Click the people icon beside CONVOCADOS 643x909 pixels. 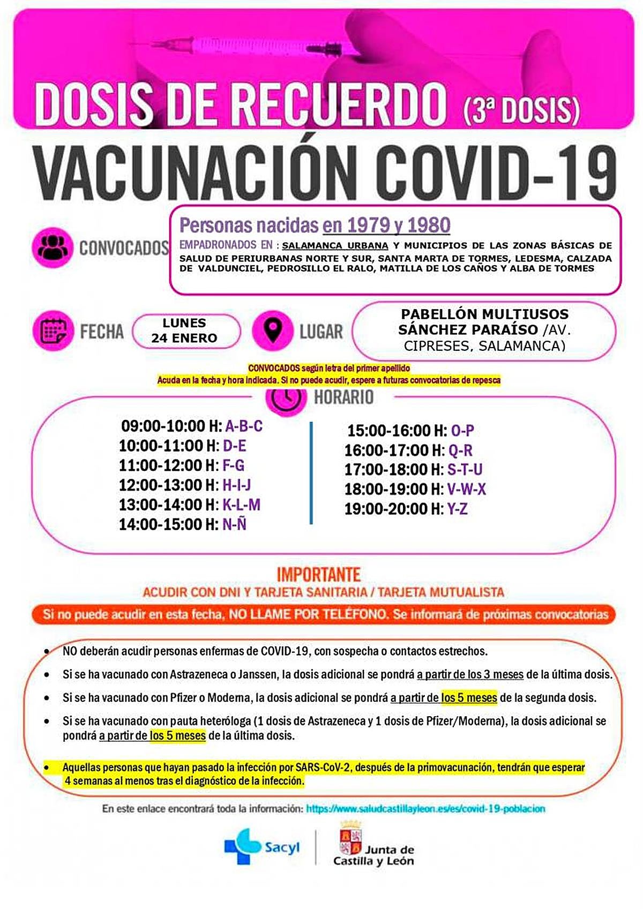[52, 247]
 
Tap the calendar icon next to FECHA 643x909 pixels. [53, 330]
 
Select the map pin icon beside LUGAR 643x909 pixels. [273, 330]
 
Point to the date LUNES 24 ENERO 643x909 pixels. [184, 330]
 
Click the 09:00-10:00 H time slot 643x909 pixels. [171, 426]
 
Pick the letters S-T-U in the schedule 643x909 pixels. [465, 470]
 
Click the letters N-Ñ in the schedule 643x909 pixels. [234, 524]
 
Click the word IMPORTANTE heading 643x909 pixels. [318, 575]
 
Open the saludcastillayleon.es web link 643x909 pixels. [425, 809]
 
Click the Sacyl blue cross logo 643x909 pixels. [242, 846]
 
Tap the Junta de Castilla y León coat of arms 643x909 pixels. [350, 843]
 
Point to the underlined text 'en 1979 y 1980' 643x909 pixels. [386, 226]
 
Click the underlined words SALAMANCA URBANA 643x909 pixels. [335, 246]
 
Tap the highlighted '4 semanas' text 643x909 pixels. [88, 781]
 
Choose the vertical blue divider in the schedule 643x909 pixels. [311, 472]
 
